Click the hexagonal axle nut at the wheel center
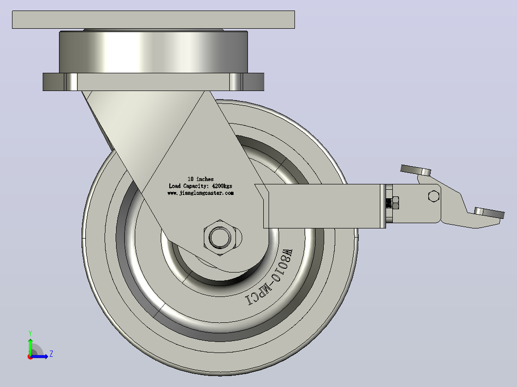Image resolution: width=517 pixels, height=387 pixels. tap(220, 238)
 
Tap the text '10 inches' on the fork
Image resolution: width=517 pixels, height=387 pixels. tap(200, 179)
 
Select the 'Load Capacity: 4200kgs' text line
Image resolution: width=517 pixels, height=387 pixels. tap(200, 186)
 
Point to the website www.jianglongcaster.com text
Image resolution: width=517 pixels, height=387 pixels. tap(200, 193)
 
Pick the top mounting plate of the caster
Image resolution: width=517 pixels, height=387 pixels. tap(153, 20)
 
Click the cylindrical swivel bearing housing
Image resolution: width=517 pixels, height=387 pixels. tap(153, 52)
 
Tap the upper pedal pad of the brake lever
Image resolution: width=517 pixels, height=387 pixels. tap(415, 170)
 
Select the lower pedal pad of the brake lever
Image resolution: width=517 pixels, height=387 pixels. tap(489, 213)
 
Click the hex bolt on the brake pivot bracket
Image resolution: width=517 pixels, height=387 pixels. tap(434, 196)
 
